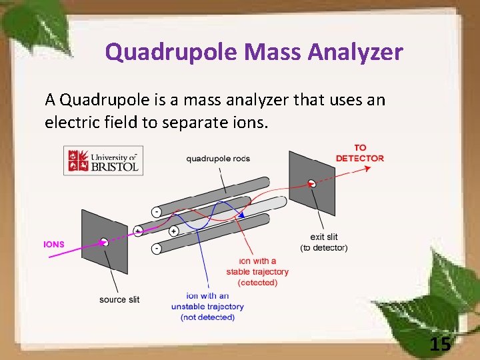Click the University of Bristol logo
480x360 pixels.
[103, 161]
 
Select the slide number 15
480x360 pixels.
[440, 344]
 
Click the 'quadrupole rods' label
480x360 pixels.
[218, 159]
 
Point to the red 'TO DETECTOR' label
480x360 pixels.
[359, 153]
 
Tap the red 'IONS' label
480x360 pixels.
[54, 244]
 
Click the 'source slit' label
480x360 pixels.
[119, 299]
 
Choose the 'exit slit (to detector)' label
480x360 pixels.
[323, 243]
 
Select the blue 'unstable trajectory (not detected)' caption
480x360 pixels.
[207, 307]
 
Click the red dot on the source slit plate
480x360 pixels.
[103, 242]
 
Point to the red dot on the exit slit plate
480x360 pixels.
[311, 183]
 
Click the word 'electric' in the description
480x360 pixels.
[74, 123]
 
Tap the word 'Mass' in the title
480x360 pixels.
[270, 51]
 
